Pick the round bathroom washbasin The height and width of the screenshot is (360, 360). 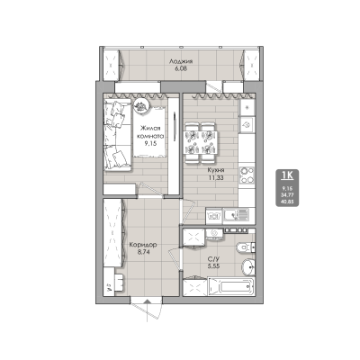pyautogui.click(x=250, y=266)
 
